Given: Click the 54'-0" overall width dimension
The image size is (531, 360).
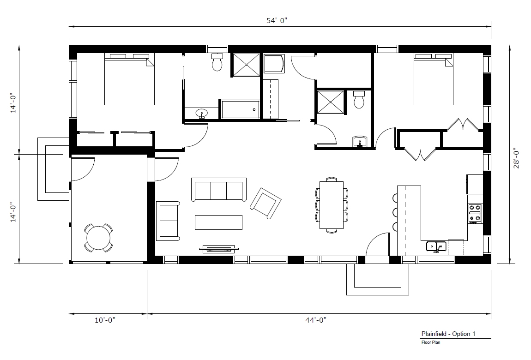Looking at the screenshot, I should point(280,20).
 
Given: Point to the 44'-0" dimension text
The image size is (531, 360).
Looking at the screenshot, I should point(319,320).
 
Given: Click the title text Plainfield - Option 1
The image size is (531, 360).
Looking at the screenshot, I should point(447,334).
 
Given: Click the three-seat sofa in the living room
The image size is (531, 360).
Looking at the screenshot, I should point(217,191).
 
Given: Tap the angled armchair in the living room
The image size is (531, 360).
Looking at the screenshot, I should point(265,203).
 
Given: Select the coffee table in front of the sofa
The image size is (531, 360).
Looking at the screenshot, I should point(218,222).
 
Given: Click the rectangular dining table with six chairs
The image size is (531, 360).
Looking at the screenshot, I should point(332,205).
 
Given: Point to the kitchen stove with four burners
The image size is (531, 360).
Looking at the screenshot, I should point(475,213).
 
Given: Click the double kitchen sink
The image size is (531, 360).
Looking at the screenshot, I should point(436,246).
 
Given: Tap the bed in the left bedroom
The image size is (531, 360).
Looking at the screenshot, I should point(129,79).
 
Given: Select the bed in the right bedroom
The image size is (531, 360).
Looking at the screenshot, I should point(433,79).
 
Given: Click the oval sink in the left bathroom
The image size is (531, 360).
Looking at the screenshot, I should point(201,113).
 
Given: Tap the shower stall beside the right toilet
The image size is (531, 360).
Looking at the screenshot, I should point(331,102).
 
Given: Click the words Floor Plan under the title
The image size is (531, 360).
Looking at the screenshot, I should point(430,342).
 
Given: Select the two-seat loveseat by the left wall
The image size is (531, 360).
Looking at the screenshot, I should point(168,221).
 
